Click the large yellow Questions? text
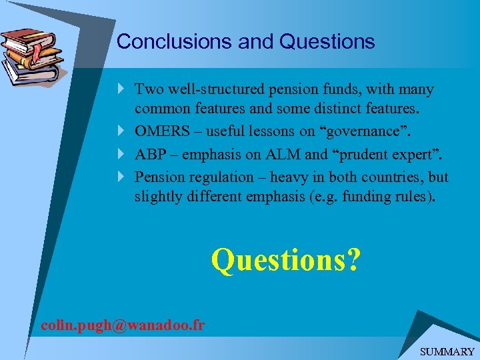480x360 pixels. (x=285, y=259)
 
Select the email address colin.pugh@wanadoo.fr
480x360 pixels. (x=123, y=325)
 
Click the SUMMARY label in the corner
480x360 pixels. (x=447, y=351)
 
